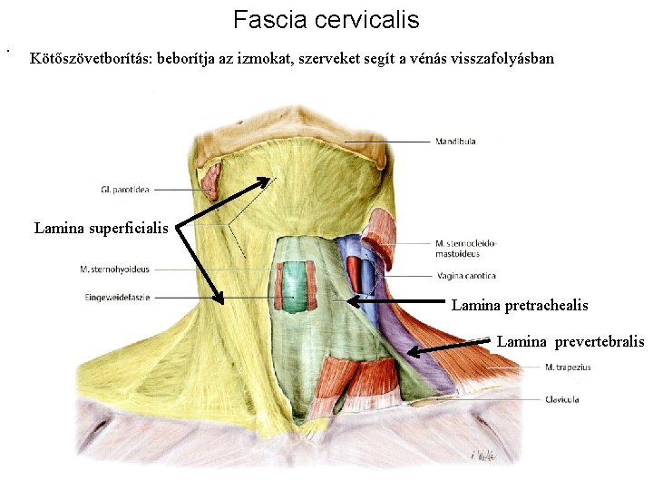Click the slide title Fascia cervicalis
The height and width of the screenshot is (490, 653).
[326, 19]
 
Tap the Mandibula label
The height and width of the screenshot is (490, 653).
[455, 142]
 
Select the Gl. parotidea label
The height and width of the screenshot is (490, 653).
[125, 190]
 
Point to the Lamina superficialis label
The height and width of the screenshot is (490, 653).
[101, 228]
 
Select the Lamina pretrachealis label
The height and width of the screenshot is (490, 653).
[520, 306]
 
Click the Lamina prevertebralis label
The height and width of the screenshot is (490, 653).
[570, 341]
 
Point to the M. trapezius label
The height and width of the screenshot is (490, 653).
[568, 367]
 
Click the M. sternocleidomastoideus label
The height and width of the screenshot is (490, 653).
[466, 248]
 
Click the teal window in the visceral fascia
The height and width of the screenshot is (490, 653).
[294, 281]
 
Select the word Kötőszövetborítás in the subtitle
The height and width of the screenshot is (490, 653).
[92, 60]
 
